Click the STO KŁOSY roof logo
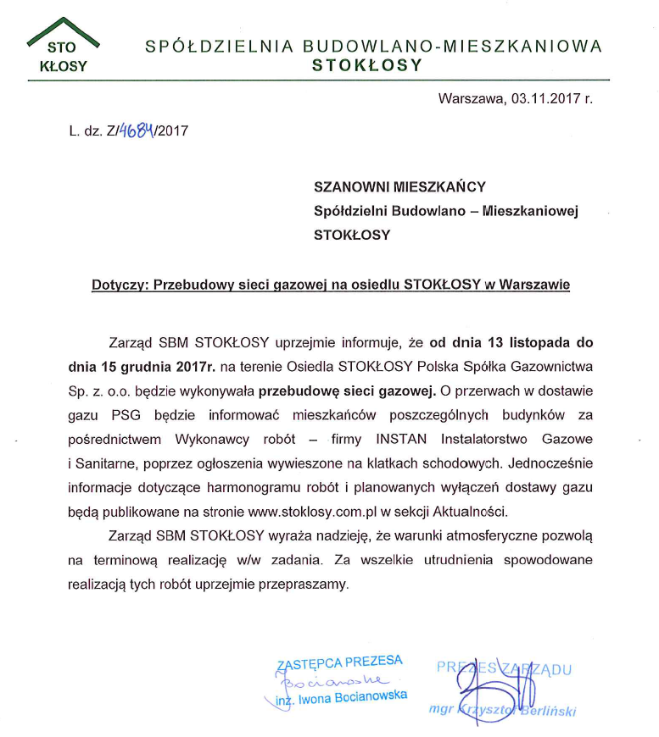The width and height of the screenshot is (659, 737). pos(64,51)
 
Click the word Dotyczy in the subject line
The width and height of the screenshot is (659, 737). pos(118,285)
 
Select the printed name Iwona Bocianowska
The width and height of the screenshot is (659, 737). pos(353,696)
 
